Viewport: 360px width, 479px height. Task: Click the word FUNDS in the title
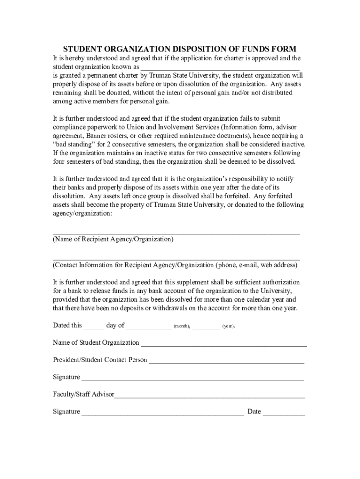pos(243,49)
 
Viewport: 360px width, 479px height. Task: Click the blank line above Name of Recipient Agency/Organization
pos(176,231)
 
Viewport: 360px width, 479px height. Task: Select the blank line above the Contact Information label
pos(176,257)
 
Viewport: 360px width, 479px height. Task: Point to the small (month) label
pos(181,326)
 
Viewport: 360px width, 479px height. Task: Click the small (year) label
pos(228,326)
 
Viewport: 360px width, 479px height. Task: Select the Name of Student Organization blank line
pos(224,344)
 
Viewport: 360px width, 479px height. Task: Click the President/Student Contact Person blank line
pos(226,362)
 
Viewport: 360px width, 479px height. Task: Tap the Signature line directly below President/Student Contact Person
pos(193,379)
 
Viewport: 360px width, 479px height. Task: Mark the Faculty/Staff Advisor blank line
pos(209,396)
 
